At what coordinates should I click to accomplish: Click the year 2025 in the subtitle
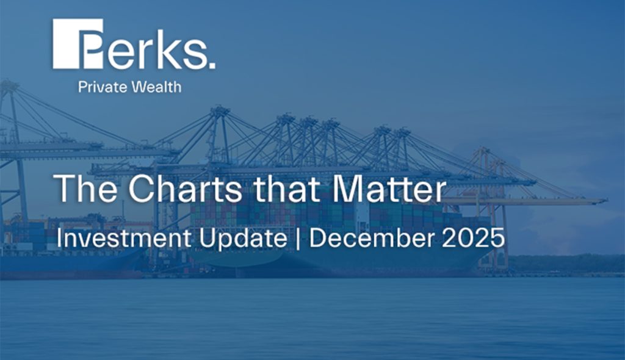pyautogui.click(x=475, y=238)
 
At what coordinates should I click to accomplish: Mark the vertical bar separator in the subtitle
pyautogui.click(x=297, y=239)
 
